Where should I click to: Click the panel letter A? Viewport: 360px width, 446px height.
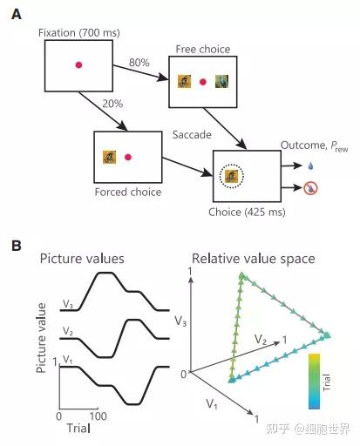[x=17, y=14]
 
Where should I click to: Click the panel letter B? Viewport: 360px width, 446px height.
[x=17, y=246]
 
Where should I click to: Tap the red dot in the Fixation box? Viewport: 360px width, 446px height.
[x=78, y=64]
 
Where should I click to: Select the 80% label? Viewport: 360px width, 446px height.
[x=139, y=63]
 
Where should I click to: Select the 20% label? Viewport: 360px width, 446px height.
[x=112, y=104]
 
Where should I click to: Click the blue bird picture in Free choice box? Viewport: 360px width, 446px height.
[x=221, y=81]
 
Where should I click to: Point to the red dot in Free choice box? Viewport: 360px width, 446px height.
[x=203, y=82]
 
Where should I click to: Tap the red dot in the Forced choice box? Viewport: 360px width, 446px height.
[x=128, y=157]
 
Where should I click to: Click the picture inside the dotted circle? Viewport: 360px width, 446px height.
[x=232, y=176]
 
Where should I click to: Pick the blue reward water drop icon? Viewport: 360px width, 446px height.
[x=311, y=166]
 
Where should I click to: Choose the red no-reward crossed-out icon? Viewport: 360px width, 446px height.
[x=311, y=188]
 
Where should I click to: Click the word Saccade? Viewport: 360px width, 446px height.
[x=192, y=135]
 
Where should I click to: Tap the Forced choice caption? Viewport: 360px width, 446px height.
[x=128, y=193]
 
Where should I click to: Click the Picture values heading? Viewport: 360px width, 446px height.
[x=82, y=259]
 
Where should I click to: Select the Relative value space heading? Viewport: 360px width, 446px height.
[x=254, y=259]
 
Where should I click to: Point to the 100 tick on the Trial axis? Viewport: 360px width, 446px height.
[x=98, y=416]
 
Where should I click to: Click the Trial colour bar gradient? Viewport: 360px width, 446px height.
[x=314, y=381]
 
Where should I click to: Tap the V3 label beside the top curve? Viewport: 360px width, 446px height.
[x=68, y=304]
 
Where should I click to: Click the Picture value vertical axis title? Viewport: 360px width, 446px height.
[x=41, y=338]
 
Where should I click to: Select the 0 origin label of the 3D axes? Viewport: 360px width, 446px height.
[x=183, y=375]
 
